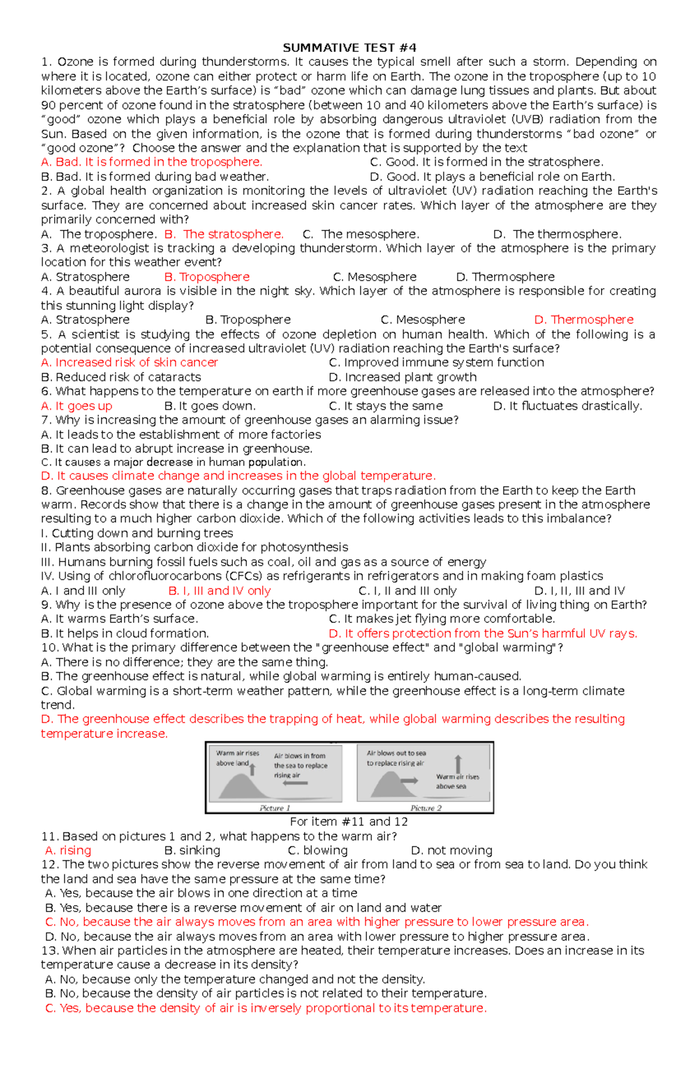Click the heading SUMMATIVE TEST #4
coord(349,48)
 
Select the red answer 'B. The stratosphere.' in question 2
coord(224,234)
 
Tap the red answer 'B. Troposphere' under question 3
coord(207,277)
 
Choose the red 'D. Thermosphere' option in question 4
coord(584,320)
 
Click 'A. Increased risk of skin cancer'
coord(129,363)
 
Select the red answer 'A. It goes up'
coord(76,406)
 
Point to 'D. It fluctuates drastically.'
coord(567,406)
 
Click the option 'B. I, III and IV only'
coord(220,591)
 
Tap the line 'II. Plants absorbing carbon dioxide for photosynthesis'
coord(195,548)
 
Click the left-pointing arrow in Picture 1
coord(295,783)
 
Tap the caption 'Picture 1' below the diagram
coord(274,808)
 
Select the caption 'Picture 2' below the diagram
coord(426,808)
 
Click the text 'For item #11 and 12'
coord(349,822)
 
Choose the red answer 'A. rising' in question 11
coord(68,850)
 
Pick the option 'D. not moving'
coord(451,850)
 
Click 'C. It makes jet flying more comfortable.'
coord(442,619)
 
